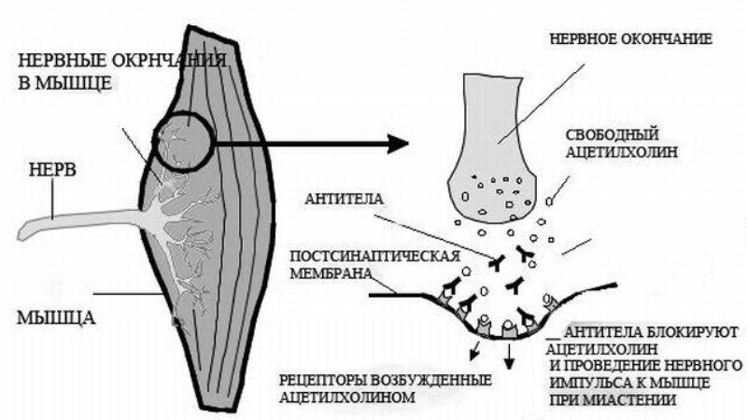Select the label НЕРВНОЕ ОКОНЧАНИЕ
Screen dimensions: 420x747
tap(632, 41)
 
